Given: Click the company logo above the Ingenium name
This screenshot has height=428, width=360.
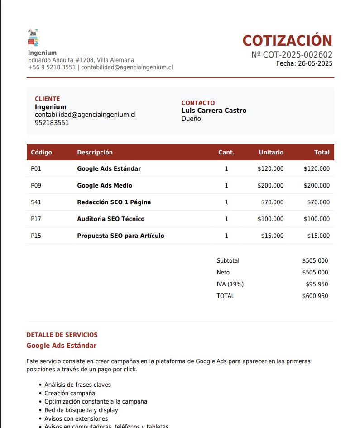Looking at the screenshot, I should (33, 38).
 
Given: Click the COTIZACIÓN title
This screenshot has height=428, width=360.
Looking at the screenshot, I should (288, 41).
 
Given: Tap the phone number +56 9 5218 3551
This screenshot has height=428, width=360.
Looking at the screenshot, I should (52, 67).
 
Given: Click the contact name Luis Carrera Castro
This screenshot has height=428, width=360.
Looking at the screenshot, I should (214, 111).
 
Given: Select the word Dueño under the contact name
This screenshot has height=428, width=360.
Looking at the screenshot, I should (191, 119).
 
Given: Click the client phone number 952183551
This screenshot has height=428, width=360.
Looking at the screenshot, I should (52, 123).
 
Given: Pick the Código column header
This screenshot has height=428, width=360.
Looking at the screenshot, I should (41, 152).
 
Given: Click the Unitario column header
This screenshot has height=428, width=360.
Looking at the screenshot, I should (271, 152).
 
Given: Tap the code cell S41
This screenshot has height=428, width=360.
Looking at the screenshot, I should (36, 202).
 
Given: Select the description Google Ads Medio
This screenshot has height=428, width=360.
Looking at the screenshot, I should (105, 185).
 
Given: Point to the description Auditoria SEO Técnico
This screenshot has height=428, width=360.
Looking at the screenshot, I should (111, 219).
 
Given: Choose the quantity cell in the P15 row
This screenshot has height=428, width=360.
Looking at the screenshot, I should (226, 236).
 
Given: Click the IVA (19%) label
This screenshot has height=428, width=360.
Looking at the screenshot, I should (230, 284).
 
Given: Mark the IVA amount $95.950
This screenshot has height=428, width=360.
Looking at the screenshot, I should (317, 284).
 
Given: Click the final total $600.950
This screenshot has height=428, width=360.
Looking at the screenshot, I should (315, 296).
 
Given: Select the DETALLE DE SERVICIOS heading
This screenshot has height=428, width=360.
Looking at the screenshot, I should (62, 335).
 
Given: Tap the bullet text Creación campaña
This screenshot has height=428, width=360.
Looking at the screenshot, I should (70, 393).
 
